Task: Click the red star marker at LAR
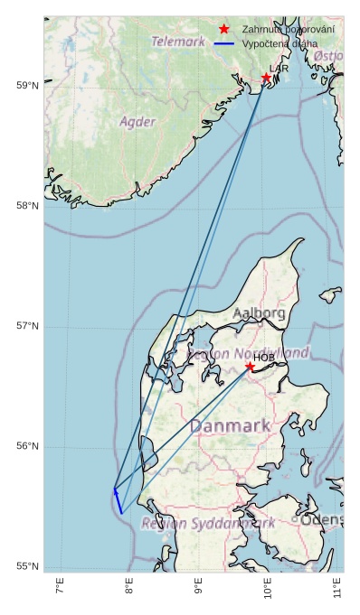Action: point(266,79)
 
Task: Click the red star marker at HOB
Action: point(250,366)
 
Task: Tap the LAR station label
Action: point(279,69)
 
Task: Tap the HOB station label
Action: point(263,358)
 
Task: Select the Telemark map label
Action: point(178,42)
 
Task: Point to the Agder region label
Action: point(137,121)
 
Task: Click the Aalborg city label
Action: point(259,313)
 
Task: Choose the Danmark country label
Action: point(230,425)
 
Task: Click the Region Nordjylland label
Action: point(248,353)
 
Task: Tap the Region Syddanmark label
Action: point(208,523)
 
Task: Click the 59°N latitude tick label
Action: point(28,86)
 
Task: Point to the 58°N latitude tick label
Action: point(28,206)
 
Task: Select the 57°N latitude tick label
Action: point(28,326)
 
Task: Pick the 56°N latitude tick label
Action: point(28,446)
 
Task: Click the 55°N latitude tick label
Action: point(28,566)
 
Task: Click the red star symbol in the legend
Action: point(224,30)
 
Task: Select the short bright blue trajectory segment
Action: point(118,501)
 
